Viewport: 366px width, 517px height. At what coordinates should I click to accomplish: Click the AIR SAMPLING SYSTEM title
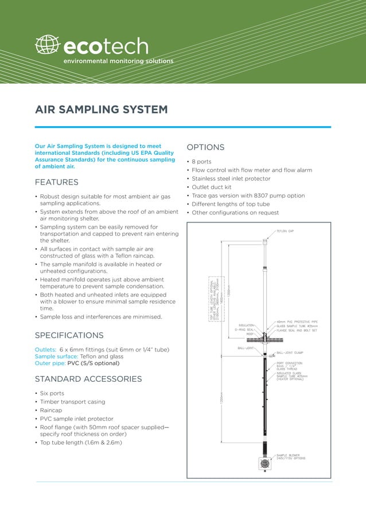click(x=101, y=109)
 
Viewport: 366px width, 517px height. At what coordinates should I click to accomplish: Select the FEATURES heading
click(x=57, y=182)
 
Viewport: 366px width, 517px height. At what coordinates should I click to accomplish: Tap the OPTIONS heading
click(x=205, y=147)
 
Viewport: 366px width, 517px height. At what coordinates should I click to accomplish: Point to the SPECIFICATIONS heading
click(x=69, y=335)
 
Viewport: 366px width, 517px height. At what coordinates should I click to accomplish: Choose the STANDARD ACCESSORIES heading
click(x=88, y=379)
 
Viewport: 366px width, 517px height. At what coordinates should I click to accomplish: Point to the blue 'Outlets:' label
click(x=46, y=350)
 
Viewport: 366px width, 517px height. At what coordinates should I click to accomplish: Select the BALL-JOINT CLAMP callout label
click(x=290, y=353)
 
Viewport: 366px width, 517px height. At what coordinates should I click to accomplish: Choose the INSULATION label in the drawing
click(x=247, y=325)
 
